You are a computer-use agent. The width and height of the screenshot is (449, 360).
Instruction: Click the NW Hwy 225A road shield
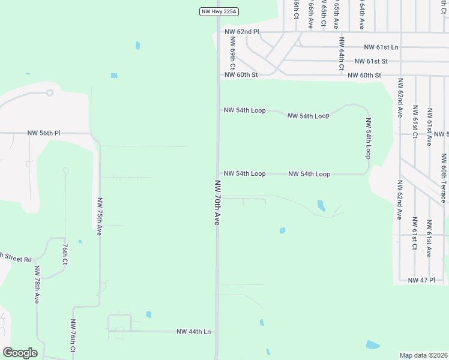219,11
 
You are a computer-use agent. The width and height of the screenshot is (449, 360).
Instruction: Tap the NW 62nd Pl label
241,31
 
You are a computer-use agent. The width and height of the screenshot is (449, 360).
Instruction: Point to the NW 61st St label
371,61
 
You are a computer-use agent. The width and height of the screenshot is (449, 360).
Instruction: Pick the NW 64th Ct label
341,54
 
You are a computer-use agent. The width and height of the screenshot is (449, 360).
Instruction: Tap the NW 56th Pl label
44,133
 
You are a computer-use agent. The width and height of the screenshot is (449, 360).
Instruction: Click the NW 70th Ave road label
217,202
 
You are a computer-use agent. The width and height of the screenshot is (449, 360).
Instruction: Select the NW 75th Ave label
98,216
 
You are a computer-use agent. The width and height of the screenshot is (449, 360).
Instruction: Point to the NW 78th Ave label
37,284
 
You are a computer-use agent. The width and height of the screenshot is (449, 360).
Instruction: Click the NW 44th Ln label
194,331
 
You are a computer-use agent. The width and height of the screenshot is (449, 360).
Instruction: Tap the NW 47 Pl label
421,280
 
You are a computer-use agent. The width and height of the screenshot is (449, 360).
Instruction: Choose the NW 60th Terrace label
444,178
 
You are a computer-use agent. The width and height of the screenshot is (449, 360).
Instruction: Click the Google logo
20,353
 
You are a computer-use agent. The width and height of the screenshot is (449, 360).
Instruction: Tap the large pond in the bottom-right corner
373,345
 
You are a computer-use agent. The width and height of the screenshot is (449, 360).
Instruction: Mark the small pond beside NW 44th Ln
148,314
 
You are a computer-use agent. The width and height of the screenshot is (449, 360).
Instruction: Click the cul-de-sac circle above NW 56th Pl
50,92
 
